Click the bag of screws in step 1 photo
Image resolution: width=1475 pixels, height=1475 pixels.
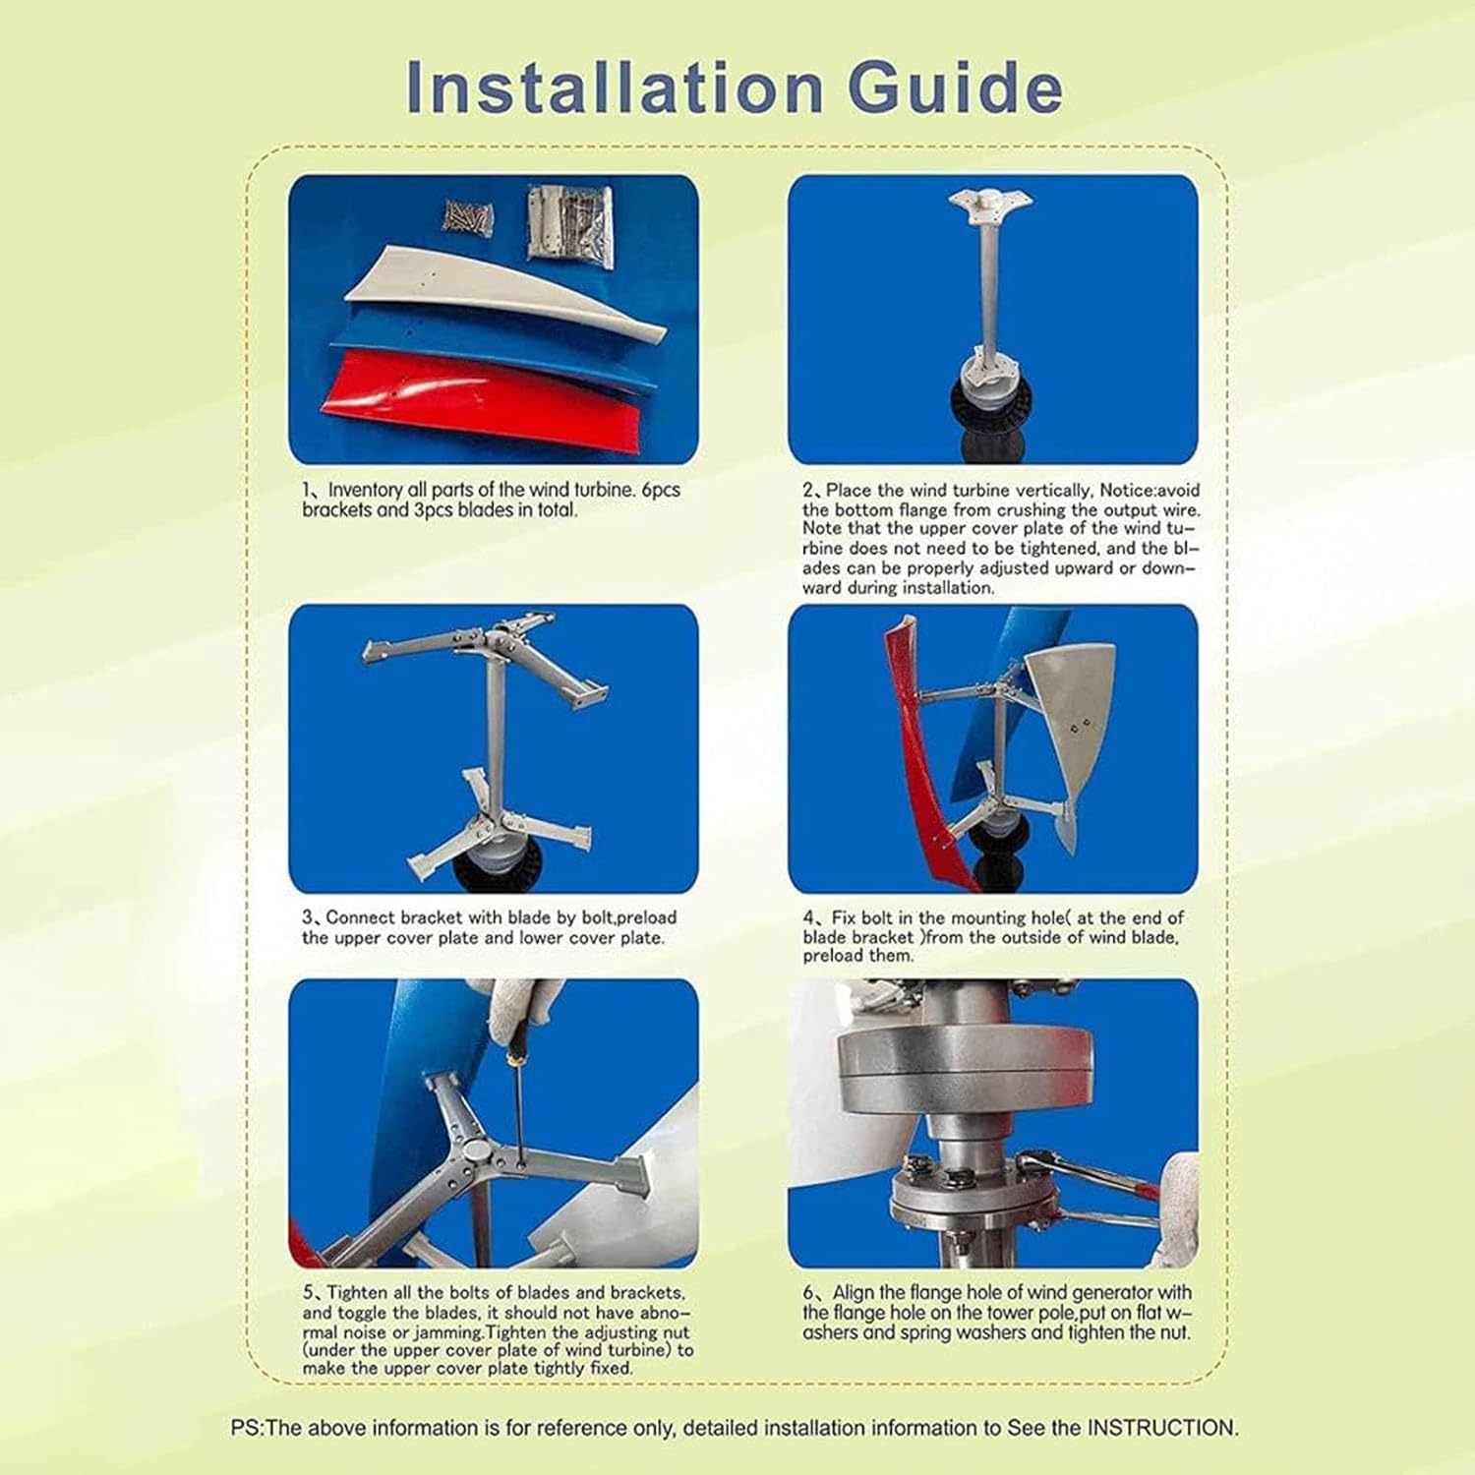point(467,215)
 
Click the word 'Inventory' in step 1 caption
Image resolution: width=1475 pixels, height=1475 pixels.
point(365,490)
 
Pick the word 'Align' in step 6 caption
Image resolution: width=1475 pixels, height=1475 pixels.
point(854,1292)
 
